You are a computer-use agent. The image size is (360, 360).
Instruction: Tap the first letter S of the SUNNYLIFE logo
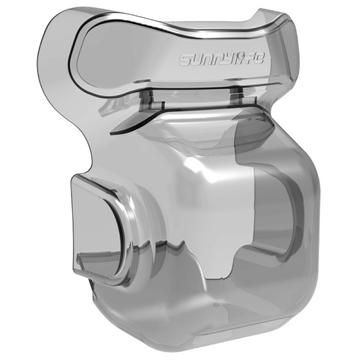click(184, 60)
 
